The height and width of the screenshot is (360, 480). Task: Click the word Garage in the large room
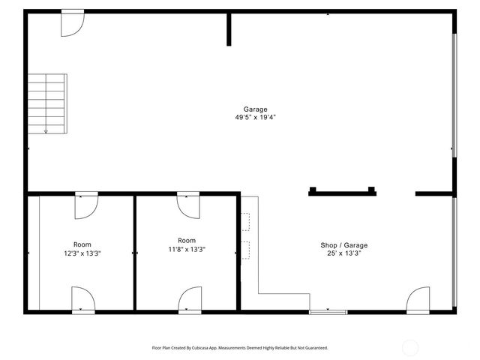(255, 109)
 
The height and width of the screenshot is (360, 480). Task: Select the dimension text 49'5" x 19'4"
(255, 118)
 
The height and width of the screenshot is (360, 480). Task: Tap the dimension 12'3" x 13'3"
(82, 253)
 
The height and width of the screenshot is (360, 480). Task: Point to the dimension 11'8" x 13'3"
(187, 250)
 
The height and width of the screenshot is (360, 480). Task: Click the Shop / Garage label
(344, 245)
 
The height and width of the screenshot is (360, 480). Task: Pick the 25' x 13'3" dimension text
(344, 253)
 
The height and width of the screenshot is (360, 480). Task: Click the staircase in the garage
(46, 103)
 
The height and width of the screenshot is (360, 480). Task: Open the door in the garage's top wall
(72, 23)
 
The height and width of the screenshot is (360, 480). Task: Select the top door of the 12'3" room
(86, 205)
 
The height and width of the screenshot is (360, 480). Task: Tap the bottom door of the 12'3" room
(82, 298)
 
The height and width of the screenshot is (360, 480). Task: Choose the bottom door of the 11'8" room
(190, 298)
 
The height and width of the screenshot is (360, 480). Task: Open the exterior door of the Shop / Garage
(418, 299)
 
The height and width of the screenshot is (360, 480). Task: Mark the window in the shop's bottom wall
(328, 310)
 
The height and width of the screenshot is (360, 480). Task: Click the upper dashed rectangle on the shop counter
(245, 222)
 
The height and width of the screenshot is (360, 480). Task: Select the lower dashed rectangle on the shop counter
(245, 250)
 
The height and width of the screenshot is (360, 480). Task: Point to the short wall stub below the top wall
(229, 29)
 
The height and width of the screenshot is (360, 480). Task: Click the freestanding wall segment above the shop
(341, 192)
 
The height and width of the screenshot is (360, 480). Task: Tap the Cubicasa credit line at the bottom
(240, 348)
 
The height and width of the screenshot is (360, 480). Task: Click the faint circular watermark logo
(410, 347)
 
